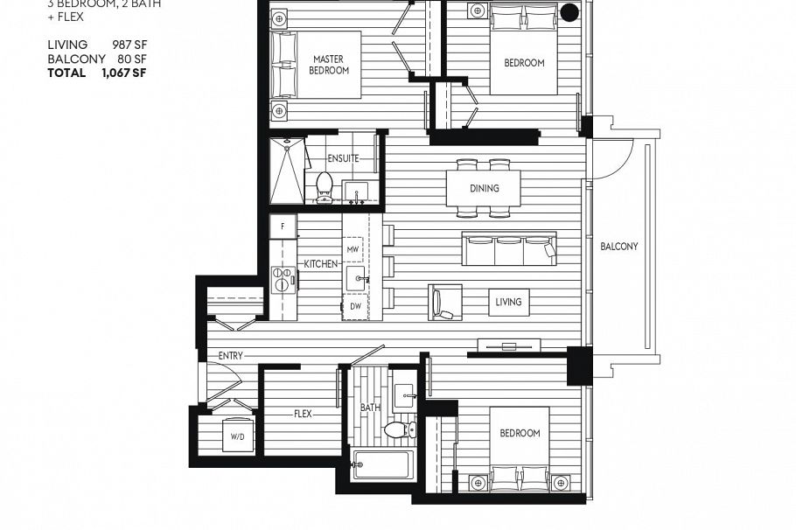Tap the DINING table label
484,188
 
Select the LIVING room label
508,302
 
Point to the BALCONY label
618,247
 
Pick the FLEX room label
303,414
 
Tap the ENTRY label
231,356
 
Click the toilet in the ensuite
325,186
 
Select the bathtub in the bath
381,464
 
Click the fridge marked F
283,227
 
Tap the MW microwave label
353,249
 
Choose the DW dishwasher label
353,306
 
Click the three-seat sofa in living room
509,249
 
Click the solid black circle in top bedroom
569,11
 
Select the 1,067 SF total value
123,73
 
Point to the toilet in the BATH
398,429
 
